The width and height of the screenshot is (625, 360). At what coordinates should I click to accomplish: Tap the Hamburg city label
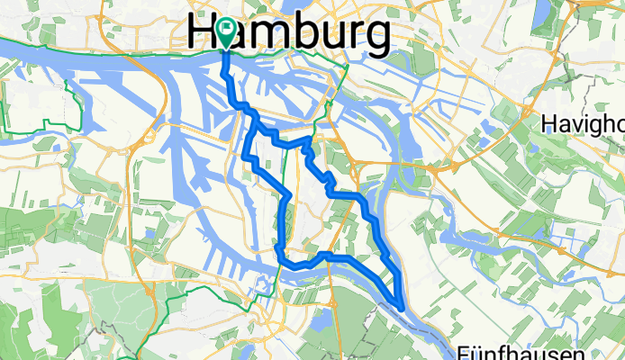coord(290,34)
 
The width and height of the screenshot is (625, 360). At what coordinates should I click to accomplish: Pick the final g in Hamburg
coord(378,37)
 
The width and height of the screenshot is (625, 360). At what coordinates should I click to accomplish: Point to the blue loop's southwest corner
coord(281,253)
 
